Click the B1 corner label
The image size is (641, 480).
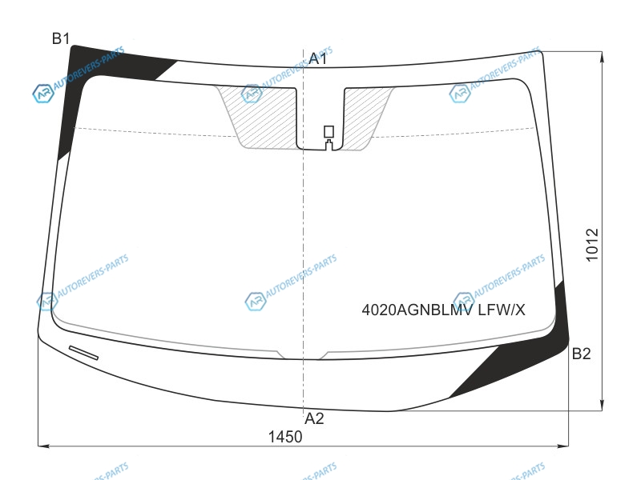[x=61, y=38]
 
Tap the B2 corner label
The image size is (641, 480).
[x=581, y=354]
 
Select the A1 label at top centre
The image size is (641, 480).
[x=317, y=58]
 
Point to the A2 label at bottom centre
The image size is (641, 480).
[x=314, y=418]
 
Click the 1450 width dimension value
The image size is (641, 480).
[x=285, y=437]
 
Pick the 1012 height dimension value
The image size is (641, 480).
[x=592, y=245]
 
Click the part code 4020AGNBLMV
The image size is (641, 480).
[x=417, y=310]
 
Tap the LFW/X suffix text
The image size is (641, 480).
[x=502, y=310]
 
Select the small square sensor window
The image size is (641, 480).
[x=329, y=131]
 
